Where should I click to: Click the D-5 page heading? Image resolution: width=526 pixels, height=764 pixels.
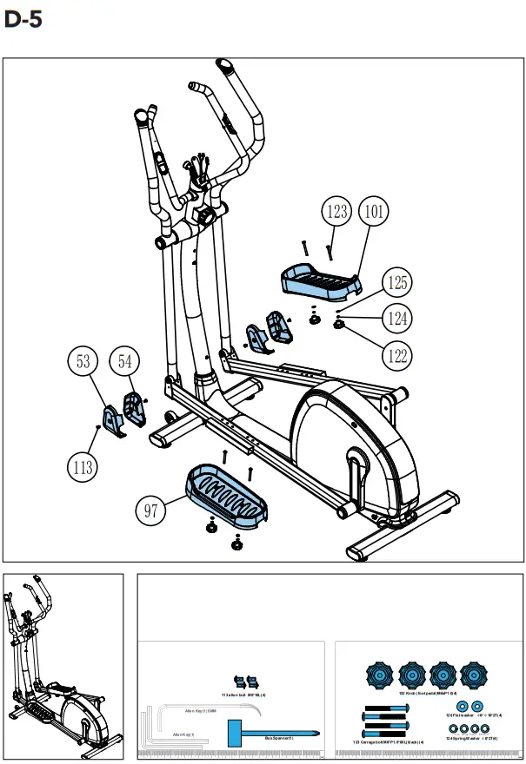(23, 20)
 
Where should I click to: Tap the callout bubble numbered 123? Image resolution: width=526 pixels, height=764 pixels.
(336, 211)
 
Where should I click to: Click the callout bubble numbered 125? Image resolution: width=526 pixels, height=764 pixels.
(397, 283)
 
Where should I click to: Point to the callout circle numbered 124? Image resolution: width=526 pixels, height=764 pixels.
(397, 319)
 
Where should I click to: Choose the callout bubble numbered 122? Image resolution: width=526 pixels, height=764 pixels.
(397, 355)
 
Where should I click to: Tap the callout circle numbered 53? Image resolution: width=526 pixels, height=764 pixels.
(84, 362)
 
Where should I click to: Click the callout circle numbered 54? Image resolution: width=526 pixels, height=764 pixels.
(125, 362)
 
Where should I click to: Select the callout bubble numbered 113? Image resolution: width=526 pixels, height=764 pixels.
(83, 467)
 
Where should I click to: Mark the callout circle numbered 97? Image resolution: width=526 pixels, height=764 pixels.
(151, 510)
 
